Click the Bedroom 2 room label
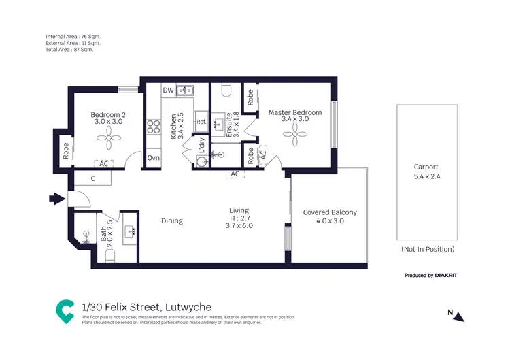[108, 114]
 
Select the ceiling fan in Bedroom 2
[108, 140]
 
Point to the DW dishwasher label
[168, 90]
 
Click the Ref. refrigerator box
[201, 122]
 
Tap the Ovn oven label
[153, 158]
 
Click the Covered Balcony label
[330, 212]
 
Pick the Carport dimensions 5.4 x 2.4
[426, 176]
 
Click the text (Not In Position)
[427, 249]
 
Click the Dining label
[171, 220]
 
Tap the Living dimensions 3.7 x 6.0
[239, 225]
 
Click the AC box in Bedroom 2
[104, 164]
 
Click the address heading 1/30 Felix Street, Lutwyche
[146, 307]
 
